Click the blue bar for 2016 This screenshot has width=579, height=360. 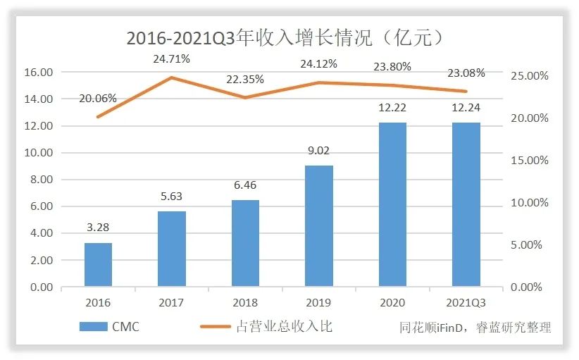pos(98,265)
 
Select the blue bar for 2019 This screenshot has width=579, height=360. pos(319,226)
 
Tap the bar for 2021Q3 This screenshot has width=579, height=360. pos(466,204)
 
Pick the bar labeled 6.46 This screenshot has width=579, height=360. pos(245,244)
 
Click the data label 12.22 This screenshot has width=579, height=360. pos(392,111)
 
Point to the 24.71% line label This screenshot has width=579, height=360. pos(171,59)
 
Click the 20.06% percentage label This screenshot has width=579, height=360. pos(99,98)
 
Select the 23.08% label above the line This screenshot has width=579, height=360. pos(466,73)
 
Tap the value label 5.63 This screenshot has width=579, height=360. pos(171,199)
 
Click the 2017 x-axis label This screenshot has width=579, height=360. pos(171,302)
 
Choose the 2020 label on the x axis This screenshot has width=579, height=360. pos(392,302)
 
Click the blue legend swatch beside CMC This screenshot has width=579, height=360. pos(92,326)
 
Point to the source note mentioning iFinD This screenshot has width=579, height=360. pos(474,327)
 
